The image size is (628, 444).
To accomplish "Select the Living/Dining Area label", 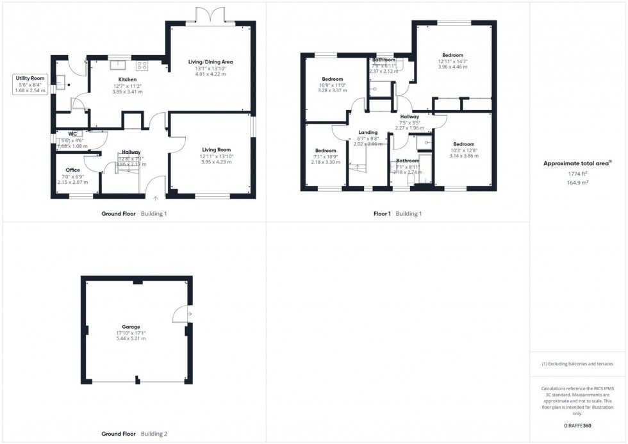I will (210, 62).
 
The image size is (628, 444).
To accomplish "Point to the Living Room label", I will (215, 149).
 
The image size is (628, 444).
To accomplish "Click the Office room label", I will (72, 170).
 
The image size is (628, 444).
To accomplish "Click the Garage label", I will (131, 327).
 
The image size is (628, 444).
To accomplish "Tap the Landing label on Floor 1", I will (367, 132).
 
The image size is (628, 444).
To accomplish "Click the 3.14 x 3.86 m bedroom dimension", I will (463, 156).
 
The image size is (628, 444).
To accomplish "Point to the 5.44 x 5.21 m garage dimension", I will (131, 338).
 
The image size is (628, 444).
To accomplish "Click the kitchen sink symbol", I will (119, 64).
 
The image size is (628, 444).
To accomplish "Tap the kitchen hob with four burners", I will (142, 65).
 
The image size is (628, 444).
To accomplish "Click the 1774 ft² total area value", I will (577, 174).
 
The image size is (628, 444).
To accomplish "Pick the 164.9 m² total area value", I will (577, 183).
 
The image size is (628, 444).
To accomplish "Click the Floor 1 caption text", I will (382, 213).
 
